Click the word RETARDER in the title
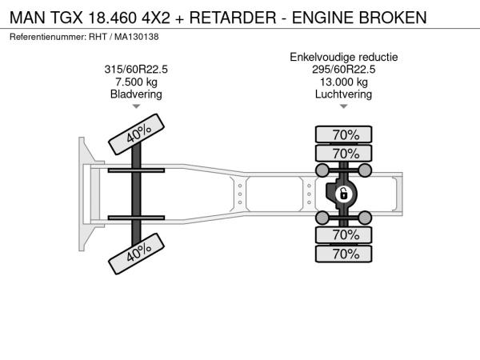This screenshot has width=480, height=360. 233,18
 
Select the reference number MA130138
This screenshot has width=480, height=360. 137,37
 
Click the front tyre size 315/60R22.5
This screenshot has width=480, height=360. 136,69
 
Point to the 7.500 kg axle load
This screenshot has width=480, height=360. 136,82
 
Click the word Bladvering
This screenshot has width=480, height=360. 136,94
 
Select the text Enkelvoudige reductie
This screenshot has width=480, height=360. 344,57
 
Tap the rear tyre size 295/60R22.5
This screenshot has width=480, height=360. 343,69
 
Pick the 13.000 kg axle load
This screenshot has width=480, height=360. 343,82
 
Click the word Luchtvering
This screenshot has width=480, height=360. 343,94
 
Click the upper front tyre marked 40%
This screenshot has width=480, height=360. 136,134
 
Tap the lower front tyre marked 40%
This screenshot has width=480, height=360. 136,254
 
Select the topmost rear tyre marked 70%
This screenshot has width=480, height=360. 343,134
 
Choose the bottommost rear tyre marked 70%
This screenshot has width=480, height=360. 343,254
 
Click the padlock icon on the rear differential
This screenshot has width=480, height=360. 343,194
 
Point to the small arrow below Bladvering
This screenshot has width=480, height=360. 136,106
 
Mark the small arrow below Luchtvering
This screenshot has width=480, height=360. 343,106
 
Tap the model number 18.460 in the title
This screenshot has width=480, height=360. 112,18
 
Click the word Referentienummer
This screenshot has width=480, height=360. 48,37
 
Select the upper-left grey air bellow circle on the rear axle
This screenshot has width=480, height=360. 322,170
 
